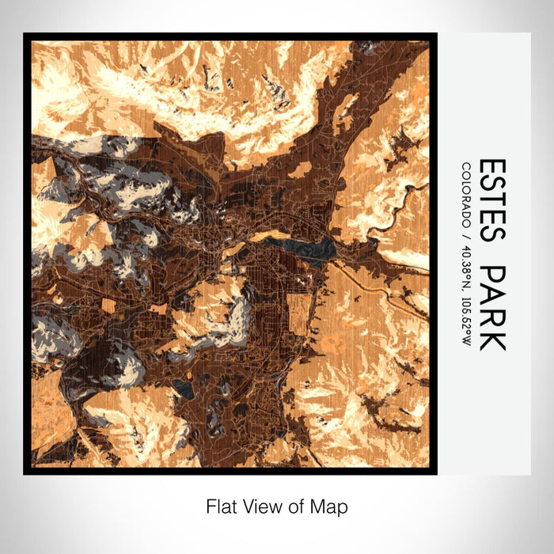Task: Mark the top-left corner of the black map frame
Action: click(25, 34)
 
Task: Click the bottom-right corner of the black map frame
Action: click(436, 473)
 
